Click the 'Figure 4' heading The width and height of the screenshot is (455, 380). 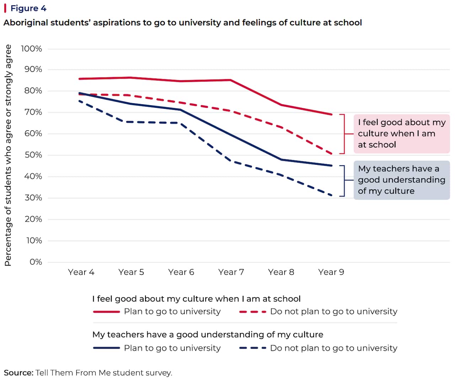pos(28,8)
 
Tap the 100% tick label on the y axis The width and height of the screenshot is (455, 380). pos(32,49)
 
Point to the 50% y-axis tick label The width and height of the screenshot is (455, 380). pos(33,155)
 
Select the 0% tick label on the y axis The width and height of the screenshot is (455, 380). pos(36,262)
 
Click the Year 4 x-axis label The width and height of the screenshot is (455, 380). pos(81,272)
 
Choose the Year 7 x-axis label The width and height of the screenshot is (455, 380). pos(231,272)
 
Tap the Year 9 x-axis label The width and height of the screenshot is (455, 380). pos(331,272)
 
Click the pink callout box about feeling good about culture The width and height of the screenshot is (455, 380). pos(401,134)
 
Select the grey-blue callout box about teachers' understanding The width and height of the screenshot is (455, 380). pos(401,180)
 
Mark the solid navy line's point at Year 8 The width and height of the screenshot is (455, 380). pos(281,160)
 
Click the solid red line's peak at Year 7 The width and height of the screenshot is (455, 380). pos(231,80)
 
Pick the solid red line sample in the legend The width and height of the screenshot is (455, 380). pos(106,312)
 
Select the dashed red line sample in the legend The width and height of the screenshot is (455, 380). pos(253,312)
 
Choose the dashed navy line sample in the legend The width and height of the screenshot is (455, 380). pos(253,348)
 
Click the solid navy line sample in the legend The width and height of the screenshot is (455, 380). pos(106,348)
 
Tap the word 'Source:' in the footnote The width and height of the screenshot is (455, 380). pos(18,373)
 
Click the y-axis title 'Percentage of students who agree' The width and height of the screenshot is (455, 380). pos(8,155)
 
